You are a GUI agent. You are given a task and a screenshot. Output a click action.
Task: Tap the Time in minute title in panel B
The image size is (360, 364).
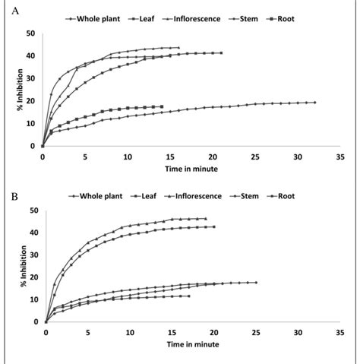pos(190,343)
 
